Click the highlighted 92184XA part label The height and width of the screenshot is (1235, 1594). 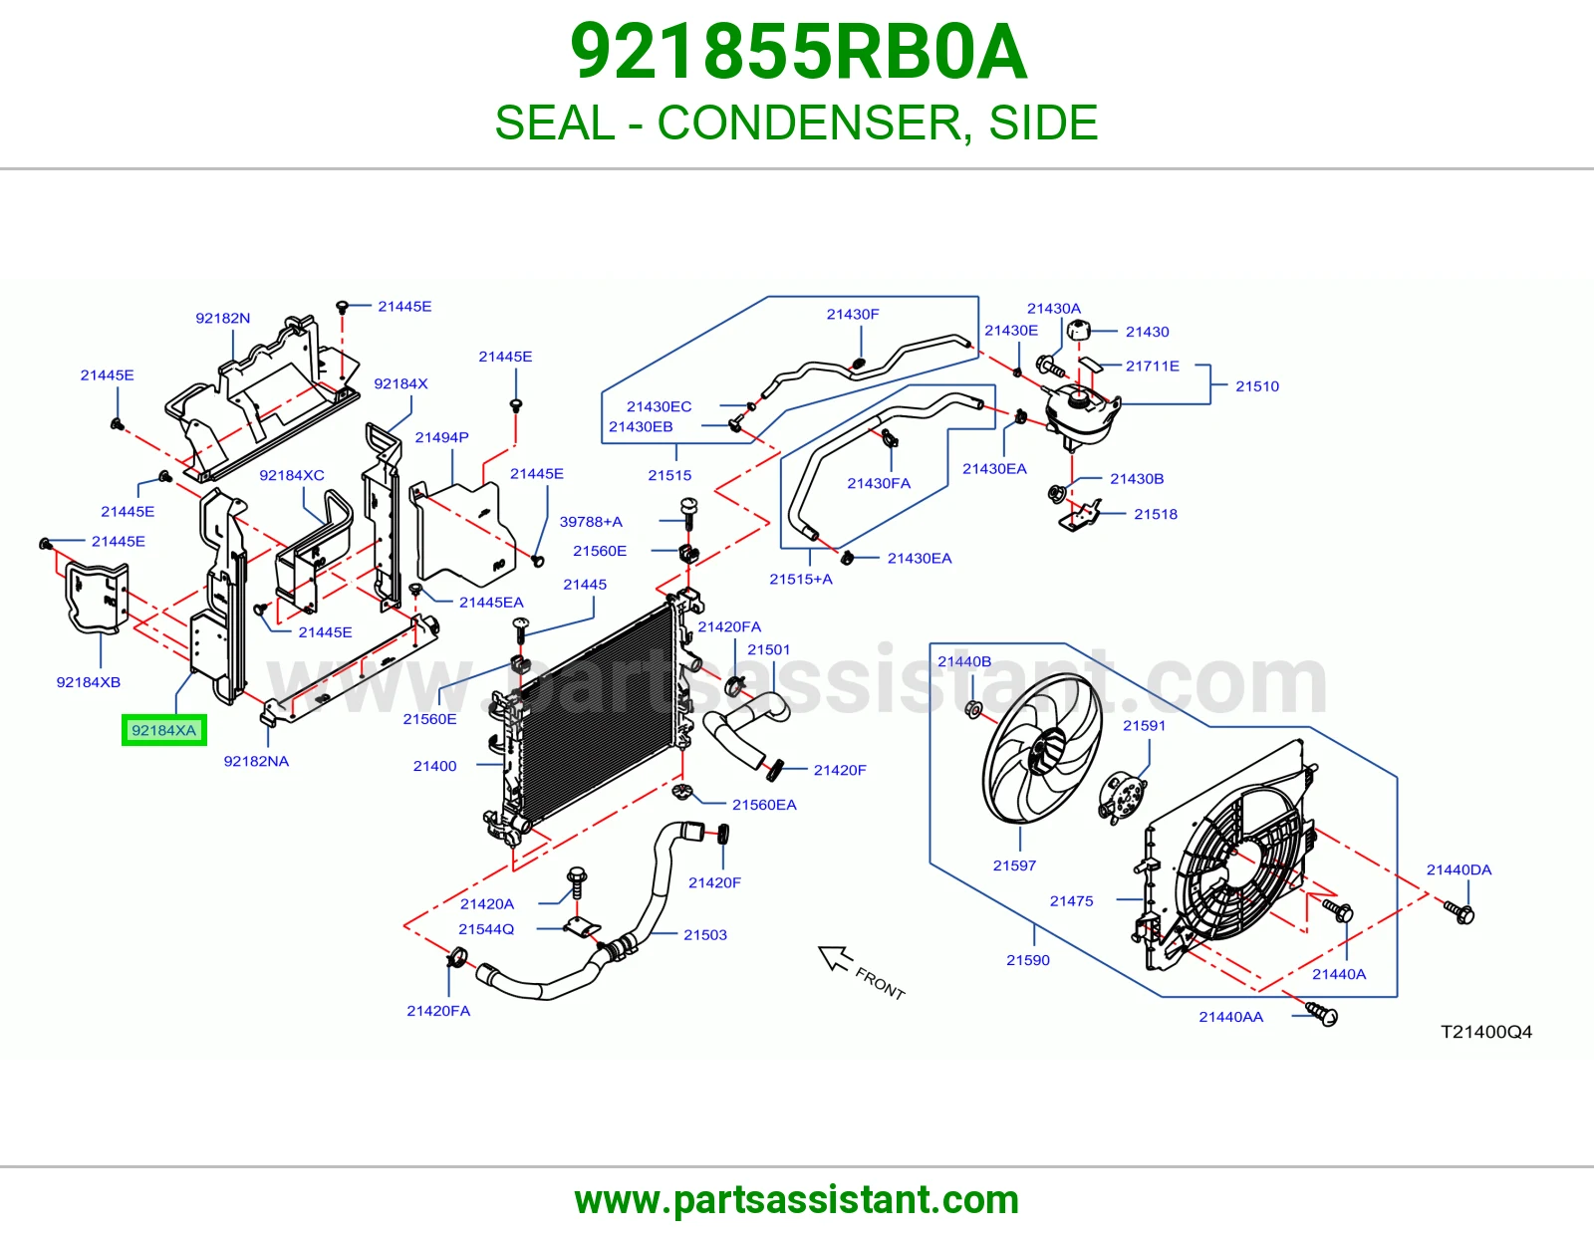click(163, 730)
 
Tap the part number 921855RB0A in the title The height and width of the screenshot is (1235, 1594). click(798, 52)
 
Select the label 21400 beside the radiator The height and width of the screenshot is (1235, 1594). click(434, 766)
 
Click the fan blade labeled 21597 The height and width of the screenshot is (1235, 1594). click(1042, 748)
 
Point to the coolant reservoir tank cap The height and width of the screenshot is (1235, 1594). click(1078, 330)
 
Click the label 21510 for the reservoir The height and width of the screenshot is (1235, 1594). click(1256, 385)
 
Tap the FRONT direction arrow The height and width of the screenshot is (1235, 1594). click(835, 958)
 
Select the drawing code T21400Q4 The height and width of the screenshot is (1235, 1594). click(1486, 1032)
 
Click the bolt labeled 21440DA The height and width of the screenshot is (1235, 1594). click(1459, 913)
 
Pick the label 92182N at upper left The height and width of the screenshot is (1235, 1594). click(222, 318)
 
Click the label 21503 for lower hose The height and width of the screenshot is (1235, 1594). click(705, 934)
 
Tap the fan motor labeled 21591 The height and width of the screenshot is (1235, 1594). click(1123, 797)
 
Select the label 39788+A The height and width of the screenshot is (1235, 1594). click(591, 522)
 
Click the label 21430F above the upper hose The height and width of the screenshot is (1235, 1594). click(853, 314)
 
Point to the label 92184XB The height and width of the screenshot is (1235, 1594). click(88, 682)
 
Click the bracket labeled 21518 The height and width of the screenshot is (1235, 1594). click(1080, 515)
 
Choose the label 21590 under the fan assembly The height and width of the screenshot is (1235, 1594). click(1028, 960)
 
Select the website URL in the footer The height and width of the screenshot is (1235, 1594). click(797, 1200)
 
